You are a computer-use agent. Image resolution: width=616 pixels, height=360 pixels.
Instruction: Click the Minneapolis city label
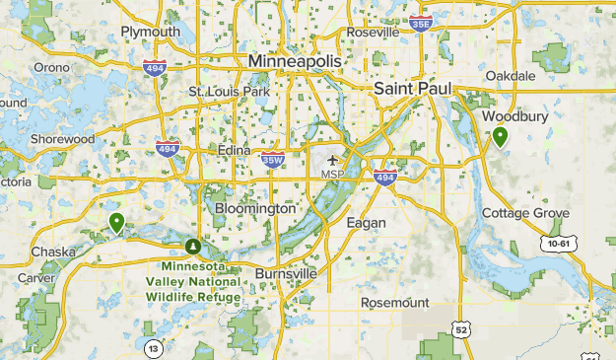(295, 61)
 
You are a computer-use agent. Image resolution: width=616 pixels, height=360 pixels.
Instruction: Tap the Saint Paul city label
(412, 89)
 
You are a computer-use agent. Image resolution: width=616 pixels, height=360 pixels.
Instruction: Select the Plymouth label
(150, 33)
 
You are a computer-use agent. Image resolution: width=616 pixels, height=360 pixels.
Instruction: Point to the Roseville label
(373, 33)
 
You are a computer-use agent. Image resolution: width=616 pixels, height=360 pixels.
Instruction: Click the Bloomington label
(254, 209)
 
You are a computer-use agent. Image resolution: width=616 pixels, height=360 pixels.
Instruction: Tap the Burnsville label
(286, 272)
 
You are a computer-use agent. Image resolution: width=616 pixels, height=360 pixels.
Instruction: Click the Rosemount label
(394, 302)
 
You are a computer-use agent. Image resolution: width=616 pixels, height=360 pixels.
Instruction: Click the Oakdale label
(511, 75)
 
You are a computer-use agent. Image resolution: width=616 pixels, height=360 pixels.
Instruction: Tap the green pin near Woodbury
(501, 137)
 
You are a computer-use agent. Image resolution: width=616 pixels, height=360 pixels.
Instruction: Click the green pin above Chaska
(117, 223)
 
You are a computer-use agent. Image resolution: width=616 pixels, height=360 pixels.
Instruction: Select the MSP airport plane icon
(332, 160)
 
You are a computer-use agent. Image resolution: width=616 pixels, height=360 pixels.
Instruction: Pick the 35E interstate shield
(421, 23)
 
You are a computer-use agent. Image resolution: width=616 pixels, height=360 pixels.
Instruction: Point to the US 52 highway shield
(460, 327)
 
